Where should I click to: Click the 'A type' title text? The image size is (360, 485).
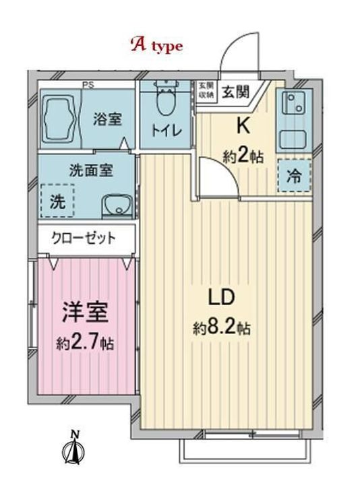(156, 46)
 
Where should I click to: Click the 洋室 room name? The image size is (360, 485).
(85, 314)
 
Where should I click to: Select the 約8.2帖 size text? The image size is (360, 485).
(222, 329)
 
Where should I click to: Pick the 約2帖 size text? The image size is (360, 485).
(243, 157)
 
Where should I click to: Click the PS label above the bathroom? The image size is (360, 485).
(88, 84)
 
